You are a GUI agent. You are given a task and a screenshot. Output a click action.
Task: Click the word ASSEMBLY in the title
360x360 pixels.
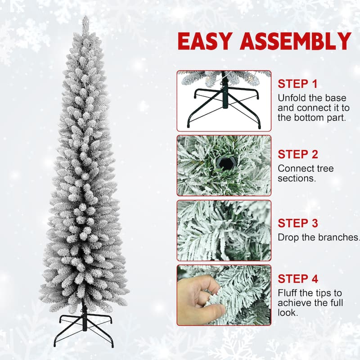(295, 41)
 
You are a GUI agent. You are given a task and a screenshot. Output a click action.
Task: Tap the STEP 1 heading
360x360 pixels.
(297, 84)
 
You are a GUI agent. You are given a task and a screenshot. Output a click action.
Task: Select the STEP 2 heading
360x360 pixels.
(297, 154)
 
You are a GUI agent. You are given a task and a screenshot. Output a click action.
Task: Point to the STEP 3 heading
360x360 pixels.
(297, 223)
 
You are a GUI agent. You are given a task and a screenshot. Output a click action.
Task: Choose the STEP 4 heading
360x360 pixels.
(297, 279)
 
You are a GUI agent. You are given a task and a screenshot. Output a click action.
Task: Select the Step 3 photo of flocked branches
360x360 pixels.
(224, 230)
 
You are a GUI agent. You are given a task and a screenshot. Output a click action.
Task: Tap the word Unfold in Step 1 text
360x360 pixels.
(292, 98)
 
